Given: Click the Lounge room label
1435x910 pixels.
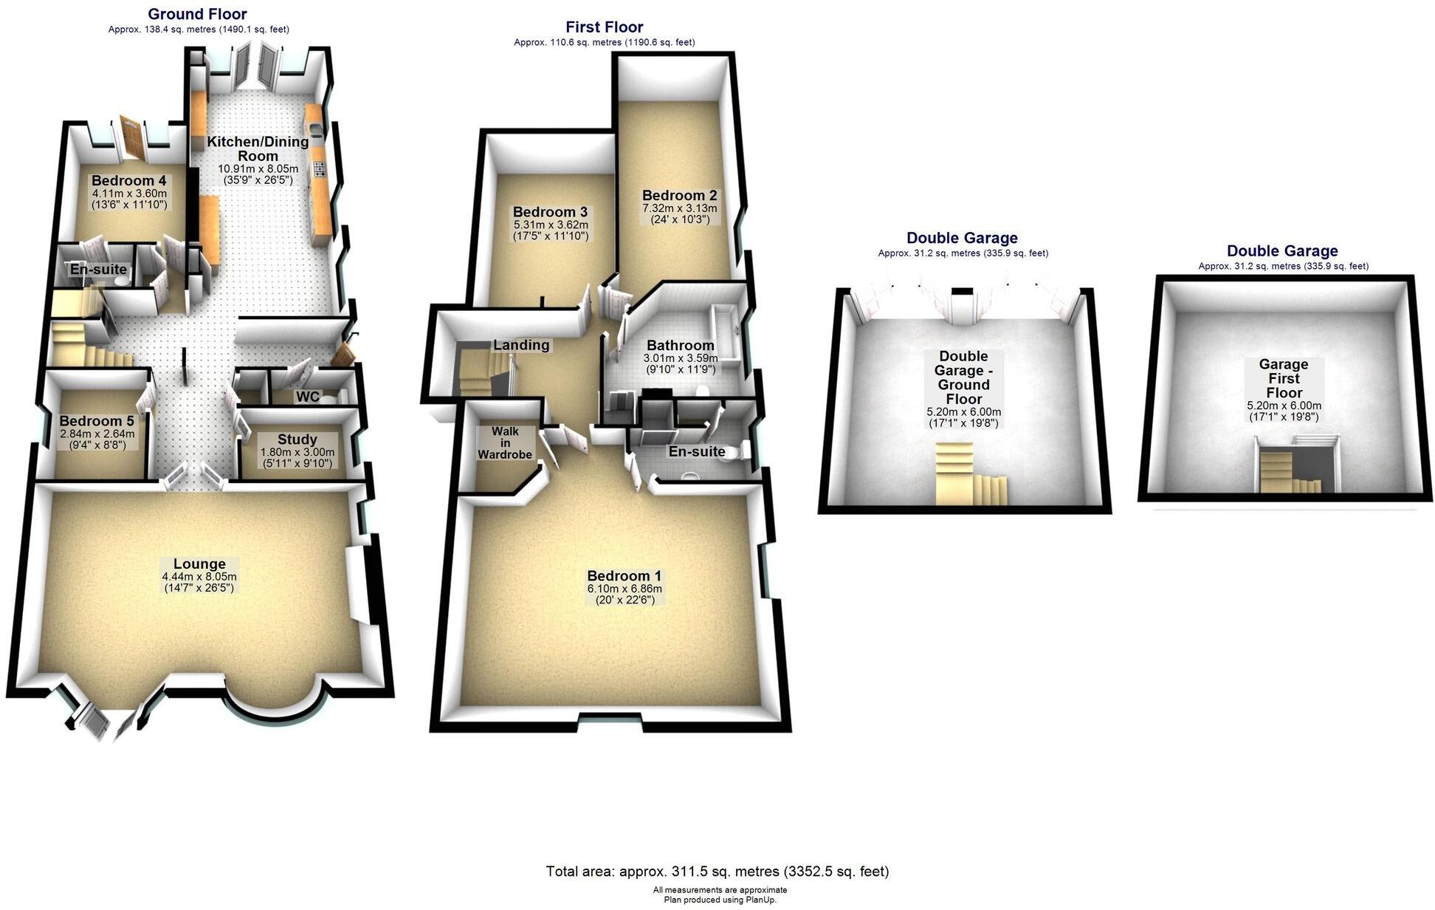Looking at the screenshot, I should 199,564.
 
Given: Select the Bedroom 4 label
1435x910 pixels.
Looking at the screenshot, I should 128,181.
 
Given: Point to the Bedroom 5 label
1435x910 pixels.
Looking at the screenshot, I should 97,421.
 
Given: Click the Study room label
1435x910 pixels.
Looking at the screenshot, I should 297,439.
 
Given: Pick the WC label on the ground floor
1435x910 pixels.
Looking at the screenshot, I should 308,397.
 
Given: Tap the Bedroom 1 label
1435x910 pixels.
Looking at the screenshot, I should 624,576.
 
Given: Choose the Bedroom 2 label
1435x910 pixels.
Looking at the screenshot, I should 679,196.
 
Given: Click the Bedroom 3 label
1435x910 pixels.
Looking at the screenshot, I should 550,212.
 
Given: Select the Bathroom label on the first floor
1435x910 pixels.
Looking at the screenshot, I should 680,345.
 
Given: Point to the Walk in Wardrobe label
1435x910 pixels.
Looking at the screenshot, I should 505,442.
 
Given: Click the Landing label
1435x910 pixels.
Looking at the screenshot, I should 521,345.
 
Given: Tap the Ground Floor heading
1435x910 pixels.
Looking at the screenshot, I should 197,14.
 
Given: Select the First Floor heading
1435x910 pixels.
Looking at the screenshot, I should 604,27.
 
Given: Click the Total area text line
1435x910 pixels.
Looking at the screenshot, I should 717,872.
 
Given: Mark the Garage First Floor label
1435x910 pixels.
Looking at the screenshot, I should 1284,378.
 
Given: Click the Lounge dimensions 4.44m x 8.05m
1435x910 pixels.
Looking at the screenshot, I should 199,577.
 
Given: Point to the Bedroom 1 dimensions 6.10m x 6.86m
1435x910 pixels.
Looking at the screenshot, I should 624,589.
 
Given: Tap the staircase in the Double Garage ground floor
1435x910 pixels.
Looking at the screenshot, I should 970,473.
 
